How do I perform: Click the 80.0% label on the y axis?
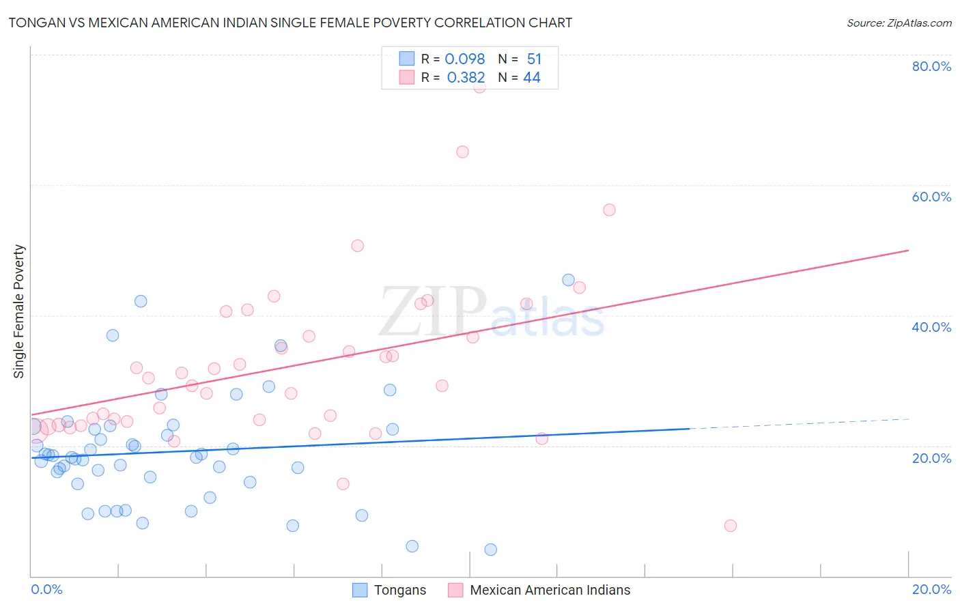(931, 66)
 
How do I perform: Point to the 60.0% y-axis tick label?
(931, 197)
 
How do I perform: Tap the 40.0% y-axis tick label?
(931, 327)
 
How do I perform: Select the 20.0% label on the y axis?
(931, 458)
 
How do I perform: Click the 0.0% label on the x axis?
(46, 589)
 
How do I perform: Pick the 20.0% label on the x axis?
(931, 589)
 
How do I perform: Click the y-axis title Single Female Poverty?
(19, 311)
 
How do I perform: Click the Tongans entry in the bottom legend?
(399, 590)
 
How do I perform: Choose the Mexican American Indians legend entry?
(550, 590)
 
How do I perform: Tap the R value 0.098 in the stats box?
(464, 59)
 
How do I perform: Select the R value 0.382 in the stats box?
(466, 78)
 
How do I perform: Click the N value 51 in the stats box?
(534, 59)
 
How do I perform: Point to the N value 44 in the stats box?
(532, 78)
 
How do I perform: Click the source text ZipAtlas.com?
(919, 23)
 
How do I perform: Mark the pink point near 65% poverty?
(462, 152)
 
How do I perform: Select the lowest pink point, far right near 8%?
(731, 526)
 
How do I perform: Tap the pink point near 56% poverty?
(609, 210)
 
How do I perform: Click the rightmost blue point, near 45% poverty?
(568, 280)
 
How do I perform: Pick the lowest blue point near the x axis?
(490, 550)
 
